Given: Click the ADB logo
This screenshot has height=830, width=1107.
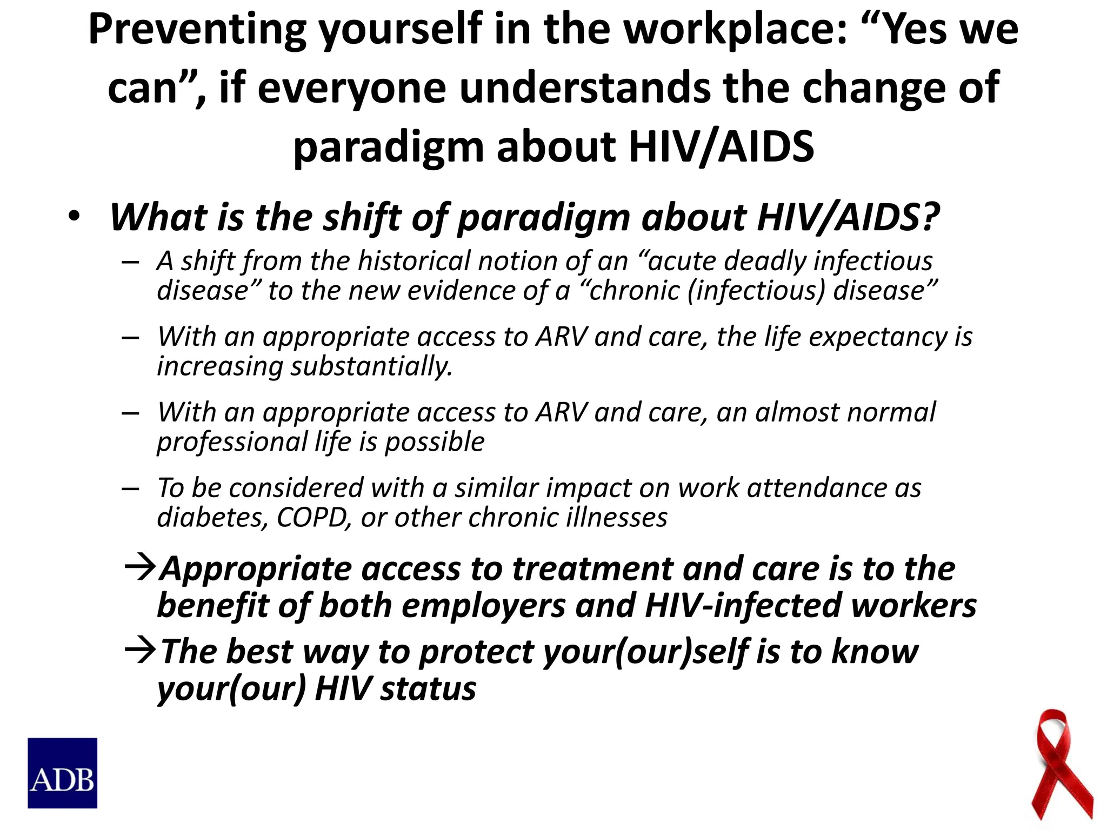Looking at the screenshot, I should tap(62, 773).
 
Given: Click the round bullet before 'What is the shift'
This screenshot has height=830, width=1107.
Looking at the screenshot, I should tap(74, 217).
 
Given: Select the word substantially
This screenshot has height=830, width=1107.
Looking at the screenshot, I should tap(371, 366).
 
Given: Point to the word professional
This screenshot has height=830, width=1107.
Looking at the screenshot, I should tap(232, 442).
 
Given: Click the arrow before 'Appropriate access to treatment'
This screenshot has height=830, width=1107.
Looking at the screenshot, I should tap(141, 568).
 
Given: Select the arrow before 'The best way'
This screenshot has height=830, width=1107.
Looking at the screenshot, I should tap(141, 651).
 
